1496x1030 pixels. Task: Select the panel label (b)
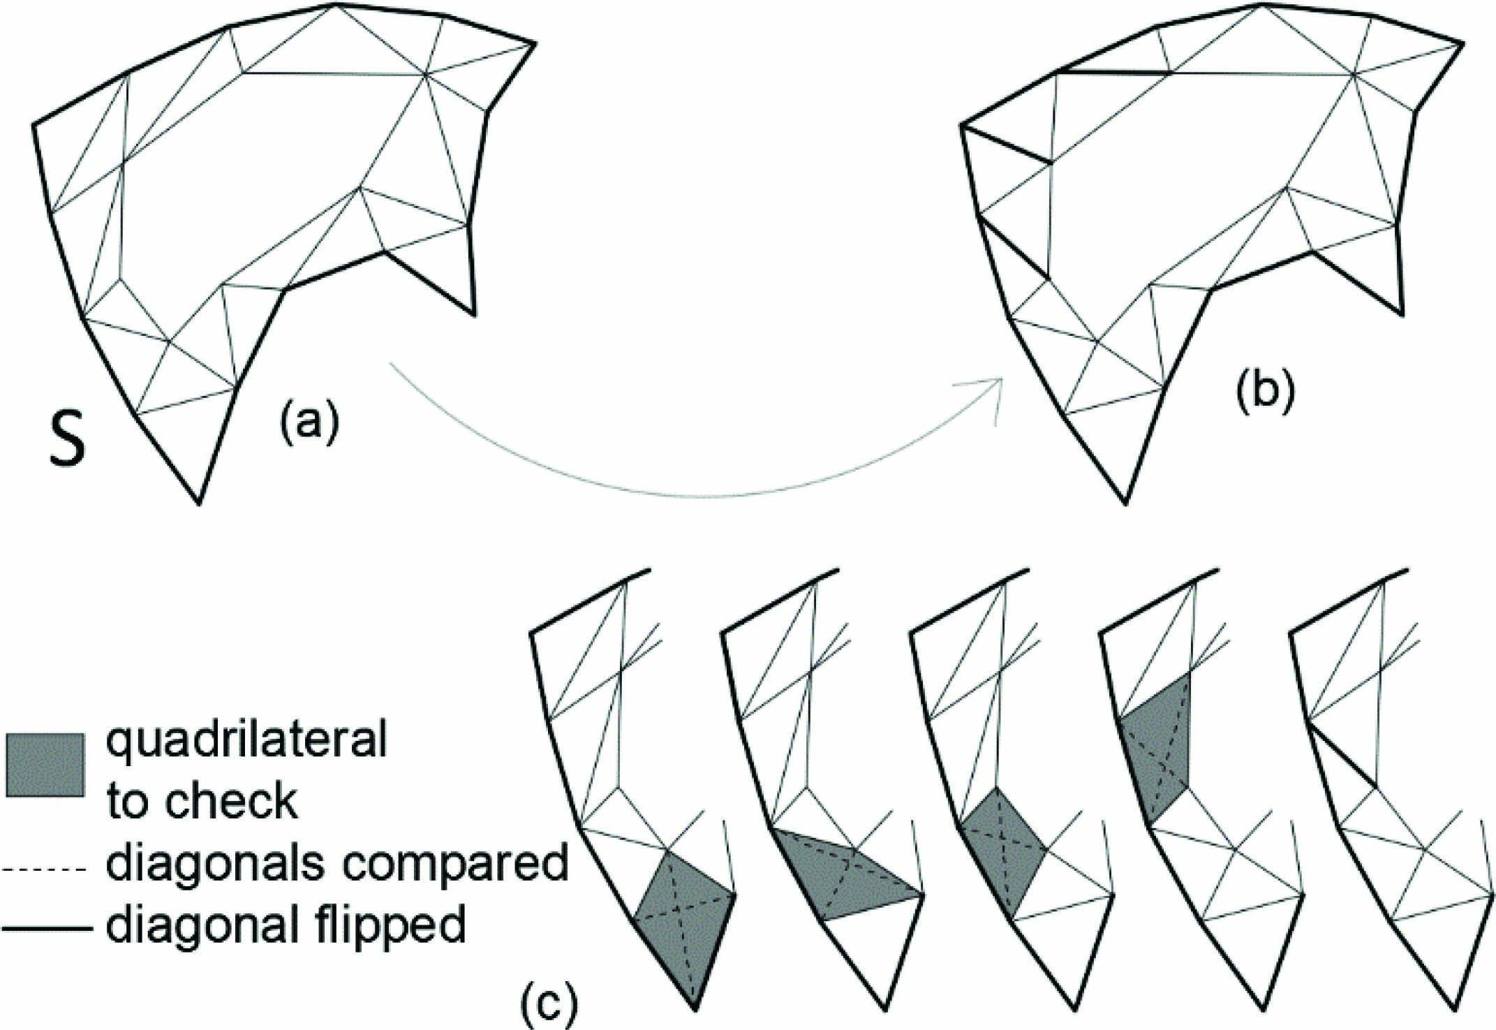tap(1264, 392)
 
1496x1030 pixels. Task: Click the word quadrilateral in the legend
tap(246, 740)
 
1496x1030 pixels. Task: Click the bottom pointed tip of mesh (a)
tap(199, 502)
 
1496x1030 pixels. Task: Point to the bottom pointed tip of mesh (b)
tap(1125, 502)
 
